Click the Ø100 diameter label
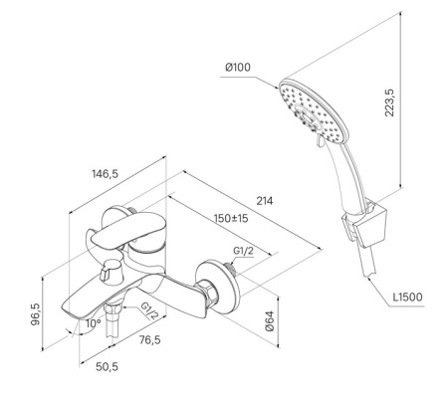238,68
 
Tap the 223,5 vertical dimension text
389,102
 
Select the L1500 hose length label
408,297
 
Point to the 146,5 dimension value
105,173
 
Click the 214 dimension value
265,201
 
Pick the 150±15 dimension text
231,218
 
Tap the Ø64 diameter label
270,320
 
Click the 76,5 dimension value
149,339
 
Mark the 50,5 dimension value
107,367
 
